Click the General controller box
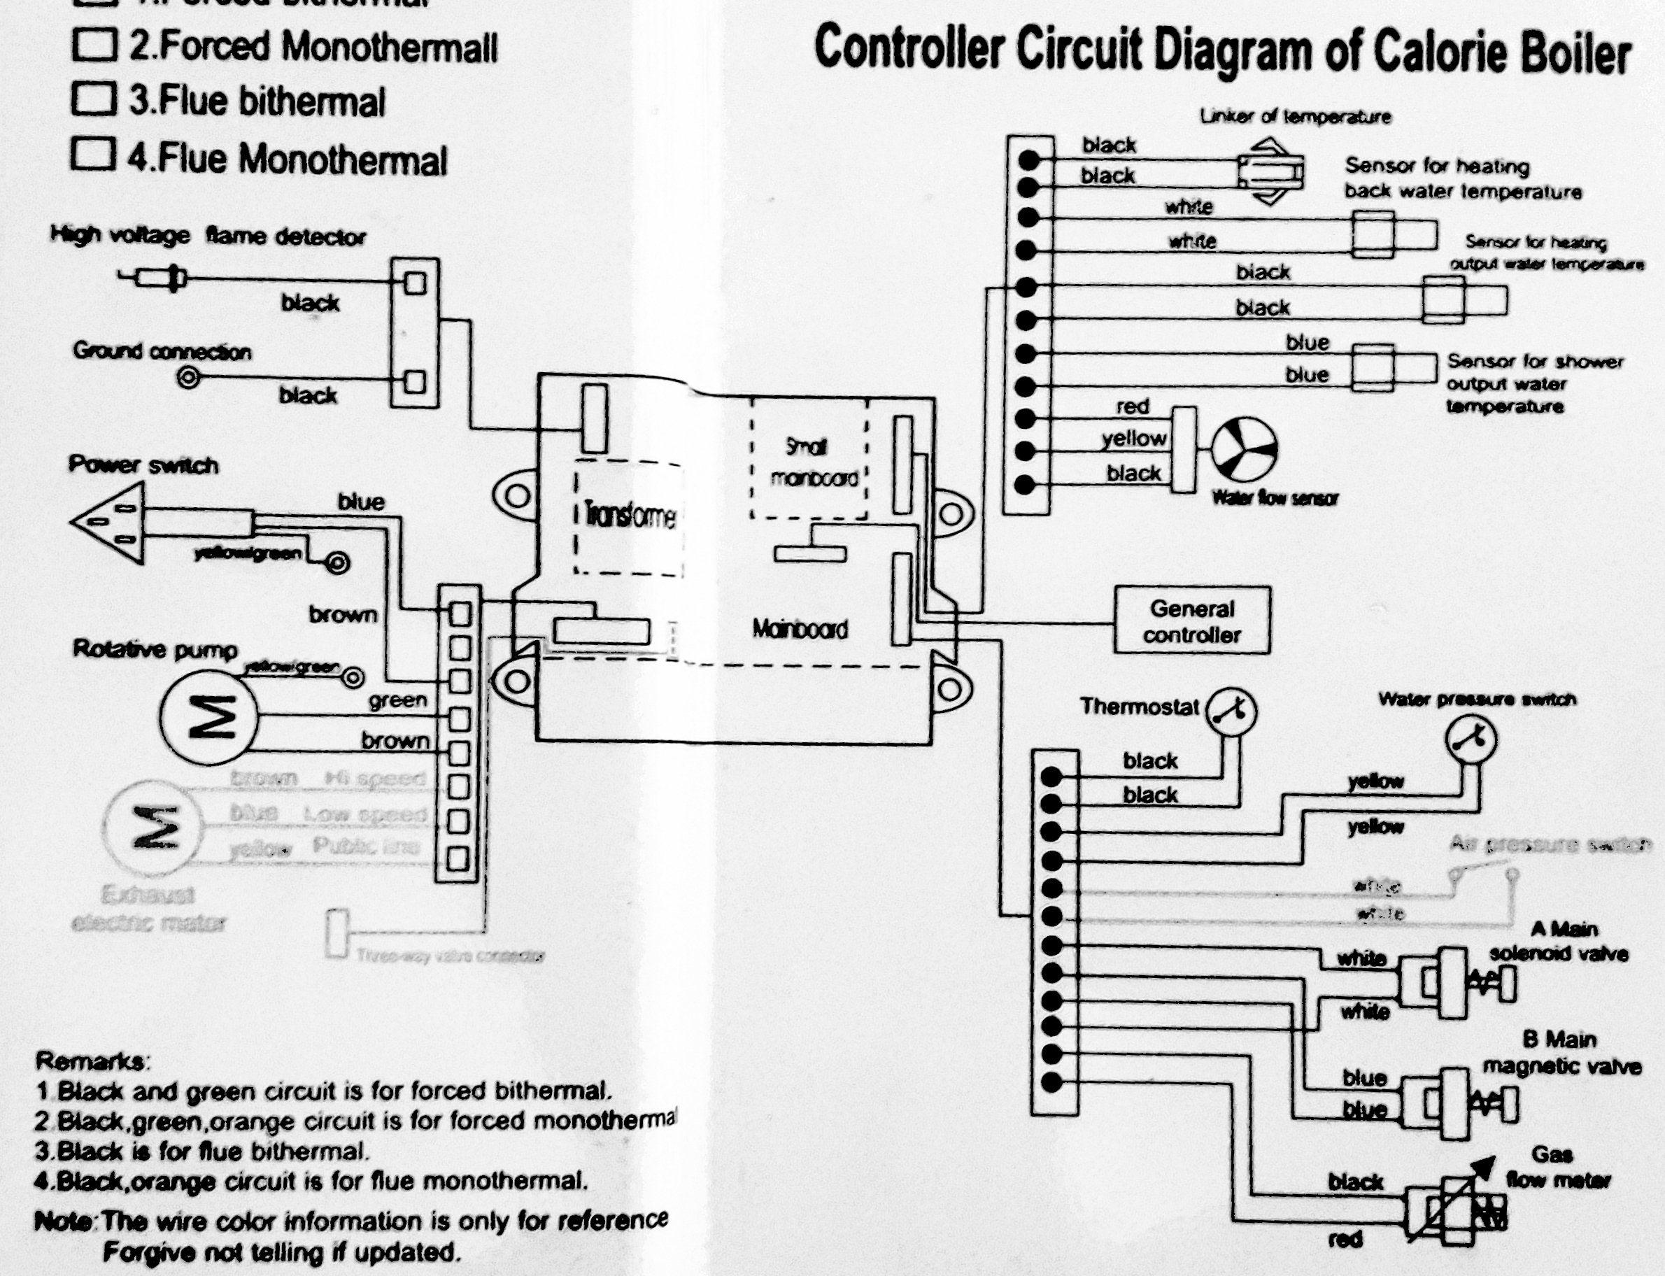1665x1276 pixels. (1191, 620)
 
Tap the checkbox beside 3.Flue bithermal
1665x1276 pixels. (94, 99)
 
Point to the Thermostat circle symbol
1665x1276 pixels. (1232, 711)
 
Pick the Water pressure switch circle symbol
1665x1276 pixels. (1471, 739)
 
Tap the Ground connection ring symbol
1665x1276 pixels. (188, 377)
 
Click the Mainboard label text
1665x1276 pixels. (799, 629)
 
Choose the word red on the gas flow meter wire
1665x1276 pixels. (1345, 1240)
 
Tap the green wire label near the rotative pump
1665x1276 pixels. (397, 700)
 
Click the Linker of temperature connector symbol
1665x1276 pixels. (1270, 171)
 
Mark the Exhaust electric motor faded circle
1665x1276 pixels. (154, 826)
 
